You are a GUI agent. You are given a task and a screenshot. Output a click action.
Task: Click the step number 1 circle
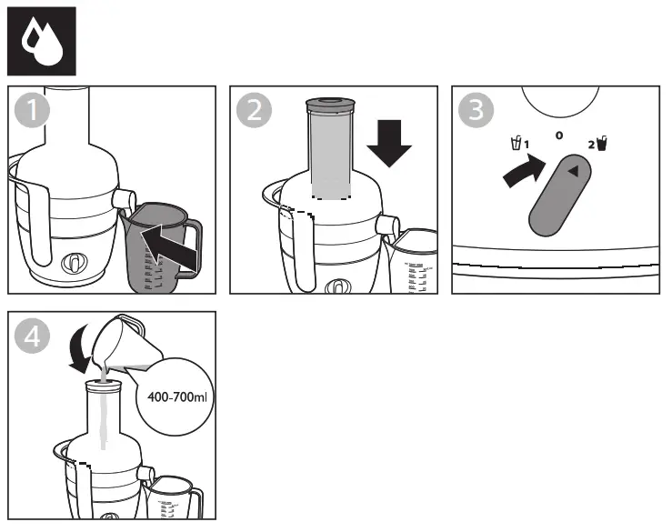[33, 112]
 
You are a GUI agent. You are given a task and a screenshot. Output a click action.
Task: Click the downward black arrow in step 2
[393, 138]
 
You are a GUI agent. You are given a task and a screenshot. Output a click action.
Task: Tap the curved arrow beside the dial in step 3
[522, 170]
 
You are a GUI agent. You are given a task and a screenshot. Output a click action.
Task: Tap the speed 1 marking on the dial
[519, 143]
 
